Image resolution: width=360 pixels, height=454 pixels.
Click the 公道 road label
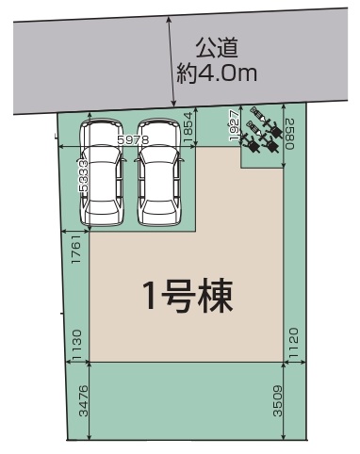pos(217,48)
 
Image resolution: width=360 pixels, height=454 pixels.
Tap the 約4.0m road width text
pos(217,73)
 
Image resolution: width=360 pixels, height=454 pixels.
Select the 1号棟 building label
pos(188,297)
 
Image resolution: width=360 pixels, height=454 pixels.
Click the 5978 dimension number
pos(133,140)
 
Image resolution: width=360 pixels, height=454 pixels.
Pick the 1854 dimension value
pos(189,127)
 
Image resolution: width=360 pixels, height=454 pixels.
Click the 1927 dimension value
pos(235,125)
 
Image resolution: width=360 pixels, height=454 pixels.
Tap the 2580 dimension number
pos(290,134)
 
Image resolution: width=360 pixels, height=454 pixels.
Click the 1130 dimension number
pos(76,345)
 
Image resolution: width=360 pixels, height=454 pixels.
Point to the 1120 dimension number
pos(293,344)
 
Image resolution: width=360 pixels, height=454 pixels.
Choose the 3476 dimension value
pos(84,401)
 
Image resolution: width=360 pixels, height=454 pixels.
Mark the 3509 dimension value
pos(278,401)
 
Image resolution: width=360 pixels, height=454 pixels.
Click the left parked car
pos(102,172)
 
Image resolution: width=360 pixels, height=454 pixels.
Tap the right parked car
pos(159,172)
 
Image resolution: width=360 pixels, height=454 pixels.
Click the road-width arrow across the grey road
pos(172,62)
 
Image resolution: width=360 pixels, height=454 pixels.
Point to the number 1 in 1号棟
pos(151,297)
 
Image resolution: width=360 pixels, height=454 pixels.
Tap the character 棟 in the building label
pos(216,297)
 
